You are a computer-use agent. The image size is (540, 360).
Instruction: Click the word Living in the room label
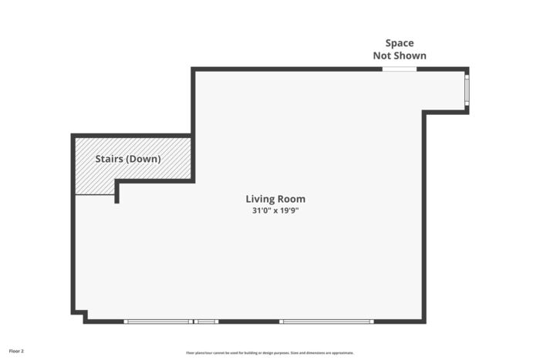point(259,199)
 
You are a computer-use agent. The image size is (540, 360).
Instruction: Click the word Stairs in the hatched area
point(109,159)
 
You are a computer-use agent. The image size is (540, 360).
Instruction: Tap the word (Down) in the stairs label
point(143,159)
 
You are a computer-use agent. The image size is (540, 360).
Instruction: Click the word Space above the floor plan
point(400,43)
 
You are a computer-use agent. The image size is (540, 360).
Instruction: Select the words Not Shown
point(400,56)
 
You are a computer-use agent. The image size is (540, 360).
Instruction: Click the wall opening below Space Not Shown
point(400,69)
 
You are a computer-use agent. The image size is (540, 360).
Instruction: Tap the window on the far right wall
point(466,90)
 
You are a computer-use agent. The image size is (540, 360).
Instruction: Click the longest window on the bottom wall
point(326,321)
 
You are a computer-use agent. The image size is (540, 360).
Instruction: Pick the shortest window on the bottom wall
point(206,321)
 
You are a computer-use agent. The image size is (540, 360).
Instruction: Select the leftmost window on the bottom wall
point(158,321)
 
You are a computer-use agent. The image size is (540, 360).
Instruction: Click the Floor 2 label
point(16,351)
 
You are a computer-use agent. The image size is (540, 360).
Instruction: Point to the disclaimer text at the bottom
point(269,352)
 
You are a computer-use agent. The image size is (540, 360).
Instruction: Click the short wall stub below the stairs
point(116,193)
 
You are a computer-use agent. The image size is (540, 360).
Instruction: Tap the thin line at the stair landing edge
point(95,194)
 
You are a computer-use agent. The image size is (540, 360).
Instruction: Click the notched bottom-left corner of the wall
point(80,315)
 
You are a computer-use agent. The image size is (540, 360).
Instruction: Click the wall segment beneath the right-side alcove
point(446,113)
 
